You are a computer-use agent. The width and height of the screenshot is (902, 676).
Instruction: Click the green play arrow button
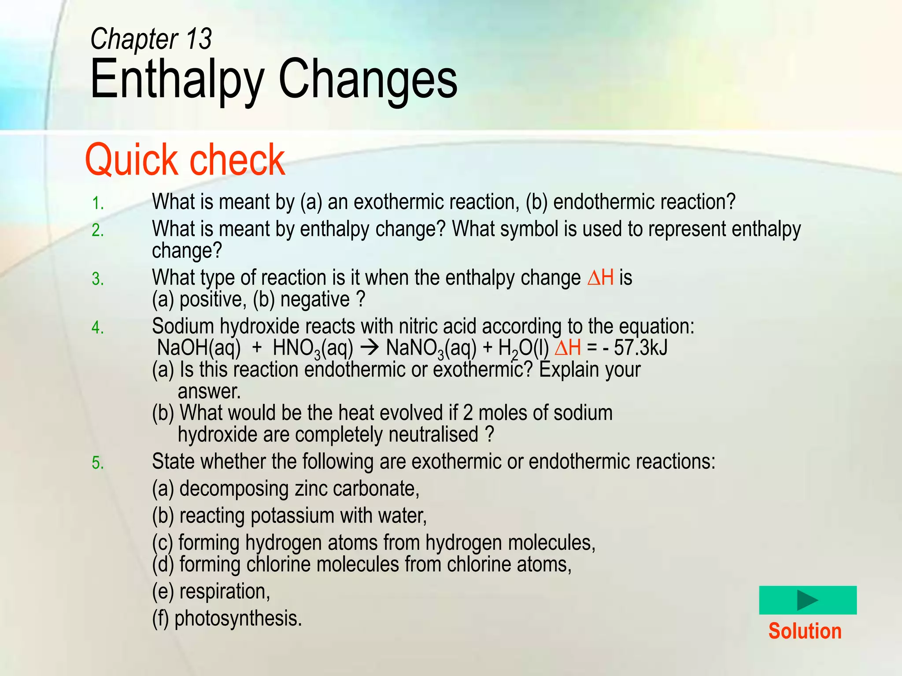(807, 600)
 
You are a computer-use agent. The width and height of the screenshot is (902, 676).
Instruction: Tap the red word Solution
(805, 631)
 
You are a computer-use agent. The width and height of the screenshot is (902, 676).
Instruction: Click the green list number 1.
(97, 204)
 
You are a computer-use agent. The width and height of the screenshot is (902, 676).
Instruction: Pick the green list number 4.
(97, 328)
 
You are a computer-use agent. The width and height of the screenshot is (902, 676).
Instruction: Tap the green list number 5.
(97, 463)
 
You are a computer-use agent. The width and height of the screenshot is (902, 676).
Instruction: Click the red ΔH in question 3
(600, 278)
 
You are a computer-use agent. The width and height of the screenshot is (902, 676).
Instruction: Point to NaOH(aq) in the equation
(199, 348)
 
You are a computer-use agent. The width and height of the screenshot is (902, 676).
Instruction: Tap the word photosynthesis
(238, 618)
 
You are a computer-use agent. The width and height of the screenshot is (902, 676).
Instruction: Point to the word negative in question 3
(315, 300)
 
